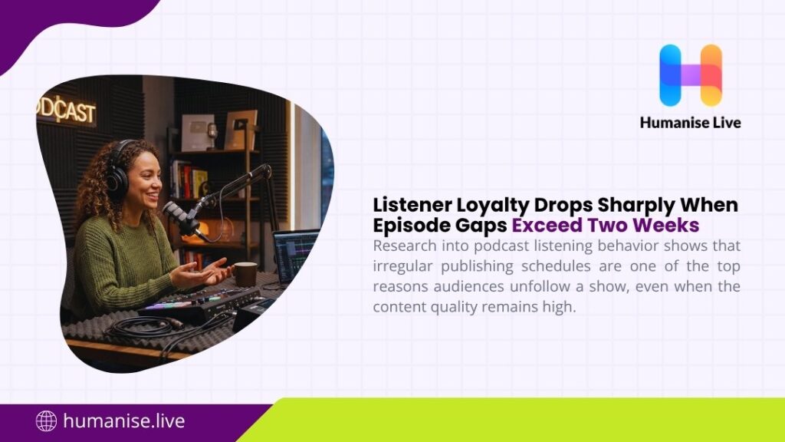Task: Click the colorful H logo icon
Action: (x=690, y=74)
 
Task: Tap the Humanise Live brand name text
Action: (x=690, y=122)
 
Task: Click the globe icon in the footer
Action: (x=47, y=421)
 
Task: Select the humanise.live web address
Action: (x=123, y=421)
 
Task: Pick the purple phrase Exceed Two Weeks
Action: (x=606, y=226)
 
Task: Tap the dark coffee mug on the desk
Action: (x=245, y=273)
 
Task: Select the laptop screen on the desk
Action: (x=296, y=256)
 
